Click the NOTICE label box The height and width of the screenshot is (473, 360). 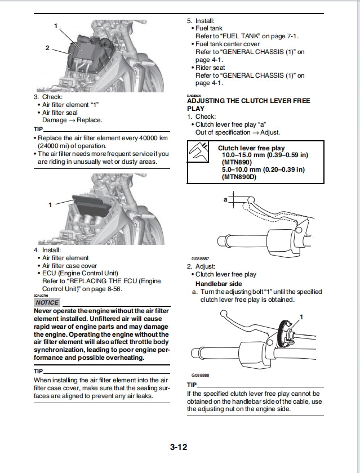(47, 302)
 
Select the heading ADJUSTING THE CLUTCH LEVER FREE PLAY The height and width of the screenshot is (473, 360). (248, 104)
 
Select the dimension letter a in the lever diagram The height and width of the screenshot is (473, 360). (225, 199)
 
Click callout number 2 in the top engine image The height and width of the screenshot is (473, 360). (47, 48)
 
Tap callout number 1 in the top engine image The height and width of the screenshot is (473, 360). (56, 26)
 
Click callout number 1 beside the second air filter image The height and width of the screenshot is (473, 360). (50, 205)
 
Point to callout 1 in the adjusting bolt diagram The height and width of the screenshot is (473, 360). (301, 318)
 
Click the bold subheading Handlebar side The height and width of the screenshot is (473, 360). (219, 283)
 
